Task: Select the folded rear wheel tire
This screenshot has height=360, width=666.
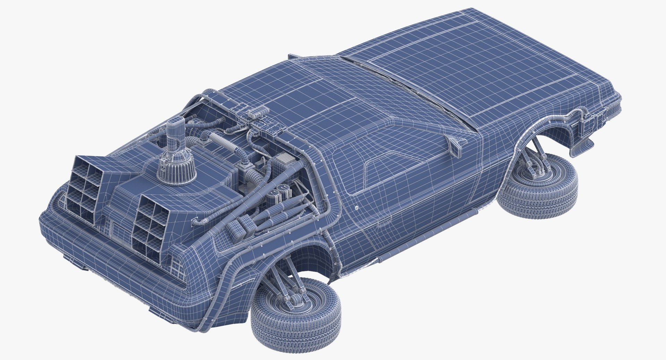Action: click(295, 321)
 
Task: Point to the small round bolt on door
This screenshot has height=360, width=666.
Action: click(357, 208)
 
